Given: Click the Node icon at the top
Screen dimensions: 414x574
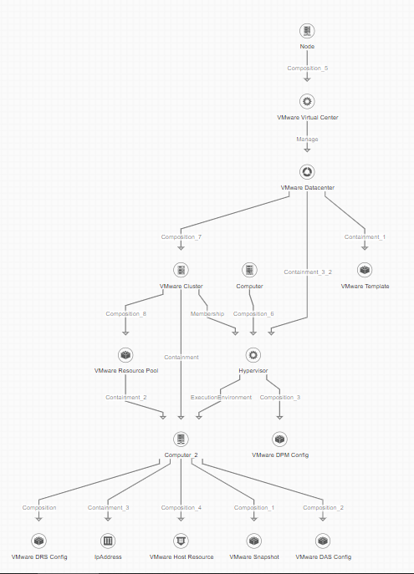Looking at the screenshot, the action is click(307, 31).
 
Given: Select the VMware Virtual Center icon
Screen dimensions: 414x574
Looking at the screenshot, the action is click(307, 101).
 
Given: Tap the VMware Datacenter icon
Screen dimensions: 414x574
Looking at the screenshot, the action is click(307, 171).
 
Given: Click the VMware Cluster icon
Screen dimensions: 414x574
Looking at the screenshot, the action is click(181, 270).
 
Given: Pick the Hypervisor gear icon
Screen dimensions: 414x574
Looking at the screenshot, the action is click(253, 355).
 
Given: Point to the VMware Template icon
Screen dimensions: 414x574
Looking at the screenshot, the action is click(365, 270).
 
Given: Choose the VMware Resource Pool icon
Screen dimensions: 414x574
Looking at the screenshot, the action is click(125, 355).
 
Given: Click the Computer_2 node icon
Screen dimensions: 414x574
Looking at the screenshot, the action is click(181, 439).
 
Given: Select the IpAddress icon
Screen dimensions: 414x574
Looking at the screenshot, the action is click(108, 541).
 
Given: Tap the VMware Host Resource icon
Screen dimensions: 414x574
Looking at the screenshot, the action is click(181, 541).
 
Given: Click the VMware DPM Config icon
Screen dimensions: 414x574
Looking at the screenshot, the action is click(279, 439).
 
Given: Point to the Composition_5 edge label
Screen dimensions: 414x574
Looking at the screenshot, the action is click(308, 68).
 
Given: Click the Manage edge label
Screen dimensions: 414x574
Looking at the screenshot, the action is click(307, 139).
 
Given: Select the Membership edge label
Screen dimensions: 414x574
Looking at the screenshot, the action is click(207, 313).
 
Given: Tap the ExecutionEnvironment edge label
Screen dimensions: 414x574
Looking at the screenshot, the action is click(221, 397).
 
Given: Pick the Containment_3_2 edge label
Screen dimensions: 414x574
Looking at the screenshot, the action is click(308, 272).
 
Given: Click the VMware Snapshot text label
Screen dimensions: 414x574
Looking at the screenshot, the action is click(254, 556).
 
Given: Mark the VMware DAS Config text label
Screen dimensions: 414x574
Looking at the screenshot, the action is click(323, 556).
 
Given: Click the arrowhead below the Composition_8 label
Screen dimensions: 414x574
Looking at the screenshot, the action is click(125, 333).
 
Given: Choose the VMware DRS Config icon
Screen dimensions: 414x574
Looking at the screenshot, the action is click(38, 541).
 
